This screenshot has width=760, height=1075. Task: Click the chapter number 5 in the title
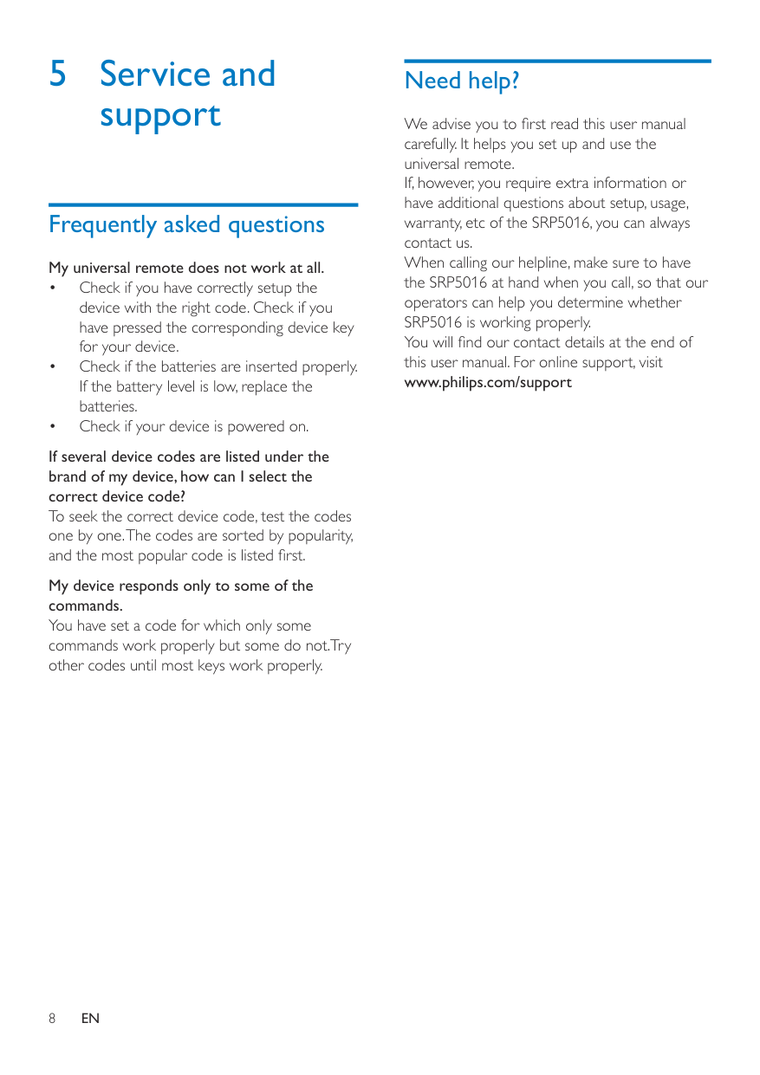(57, 74)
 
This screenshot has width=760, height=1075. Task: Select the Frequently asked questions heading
(186, 224)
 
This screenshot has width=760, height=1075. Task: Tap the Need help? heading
(462, 81)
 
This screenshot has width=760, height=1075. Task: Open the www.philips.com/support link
(488, 382)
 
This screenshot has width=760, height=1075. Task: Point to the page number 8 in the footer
(52, 1019)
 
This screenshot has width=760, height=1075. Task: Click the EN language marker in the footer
(90, 1019)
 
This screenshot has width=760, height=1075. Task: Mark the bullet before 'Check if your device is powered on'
(54, 426)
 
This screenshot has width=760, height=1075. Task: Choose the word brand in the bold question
(68, 476)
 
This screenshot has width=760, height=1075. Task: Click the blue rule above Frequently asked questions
(203, 204)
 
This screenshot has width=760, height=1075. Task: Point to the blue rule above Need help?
(557, 61)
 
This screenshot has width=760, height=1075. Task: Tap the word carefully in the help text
(430, 144)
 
